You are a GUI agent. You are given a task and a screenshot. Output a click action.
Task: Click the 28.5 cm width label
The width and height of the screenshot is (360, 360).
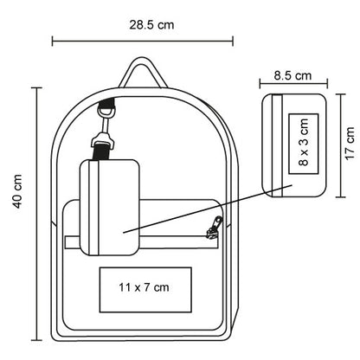(x=151, y=25)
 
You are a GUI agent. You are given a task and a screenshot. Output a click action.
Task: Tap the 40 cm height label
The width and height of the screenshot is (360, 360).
(x=17, y=191)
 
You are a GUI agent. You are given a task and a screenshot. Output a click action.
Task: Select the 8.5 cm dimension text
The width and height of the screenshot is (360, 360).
(x=292, y=75)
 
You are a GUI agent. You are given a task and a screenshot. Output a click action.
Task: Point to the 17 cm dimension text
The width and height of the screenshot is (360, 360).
(x=350, y=144)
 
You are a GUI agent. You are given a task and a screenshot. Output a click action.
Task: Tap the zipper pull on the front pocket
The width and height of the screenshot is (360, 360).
(x=215, y=227)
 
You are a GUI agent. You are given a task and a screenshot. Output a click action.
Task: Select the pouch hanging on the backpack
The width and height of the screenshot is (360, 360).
(x=110, y=208)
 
